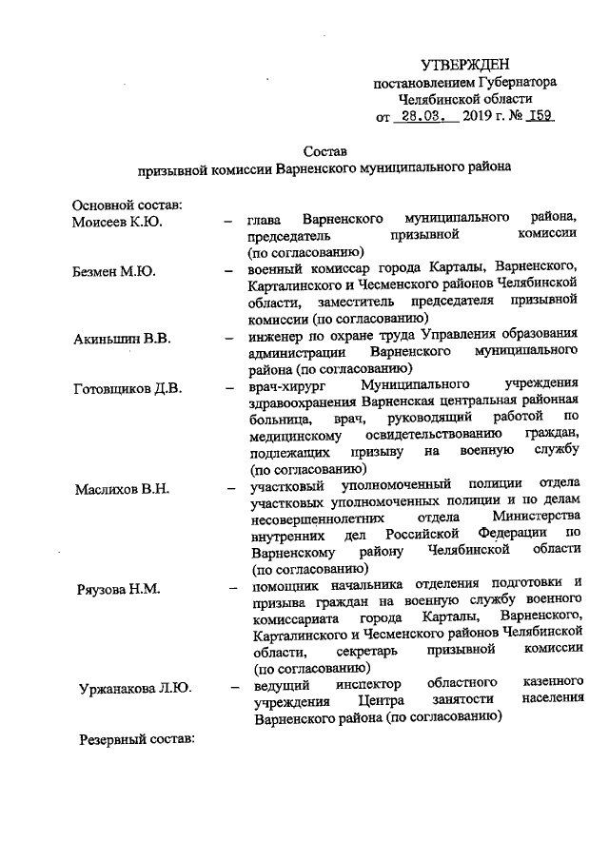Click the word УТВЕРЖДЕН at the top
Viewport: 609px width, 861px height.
click(465, 64)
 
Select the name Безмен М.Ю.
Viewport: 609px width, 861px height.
click(112, 270)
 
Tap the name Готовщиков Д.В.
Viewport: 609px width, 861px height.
click(128, 386)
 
